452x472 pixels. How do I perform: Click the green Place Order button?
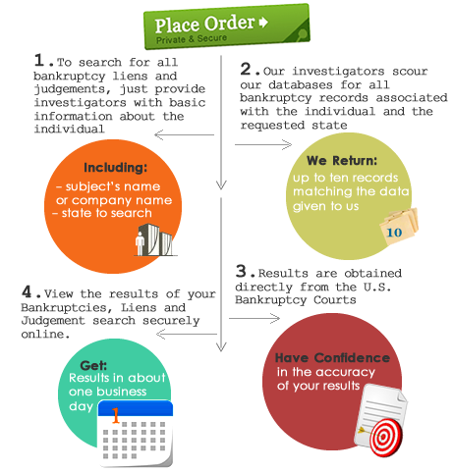coord(227,26)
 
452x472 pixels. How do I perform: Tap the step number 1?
coord(39,60)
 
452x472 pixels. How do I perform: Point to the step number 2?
coord(246,69)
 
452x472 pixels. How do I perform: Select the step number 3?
coord(241,271)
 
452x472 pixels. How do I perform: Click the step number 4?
coord(27,291)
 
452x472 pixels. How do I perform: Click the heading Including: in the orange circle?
coord(115,167)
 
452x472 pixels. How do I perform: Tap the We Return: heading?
coord(342,160)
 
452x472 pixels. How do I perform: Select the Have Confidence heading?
coord(332,357)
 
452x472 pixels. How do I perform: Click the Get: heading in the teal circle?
coord(93,365)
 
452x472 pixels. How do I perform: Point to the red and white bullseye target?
coord(385,438)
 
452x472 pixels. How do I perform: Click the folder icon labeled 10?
coord(399,227)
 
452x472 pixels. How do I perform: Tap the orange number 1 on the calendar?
coord(115,415)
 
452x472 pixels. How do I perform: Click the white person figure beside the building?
coord(141,243)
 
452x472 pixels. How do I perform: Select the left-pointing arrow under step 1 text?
coord(184,134)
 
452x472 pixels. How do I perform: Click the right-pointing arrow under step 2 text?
coord(263,144)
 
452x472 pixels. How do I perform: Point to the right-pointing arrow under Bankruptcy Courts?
coord(254,318)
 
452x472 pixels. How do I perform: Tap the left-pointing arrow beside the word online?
coord(187,334)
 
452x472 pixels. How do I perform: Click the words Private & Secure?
coord(192,39)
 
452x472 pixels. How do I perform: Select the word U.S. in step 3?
coord(377,287)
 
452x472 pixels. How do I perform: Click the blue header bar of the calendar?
coord(136,409)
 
